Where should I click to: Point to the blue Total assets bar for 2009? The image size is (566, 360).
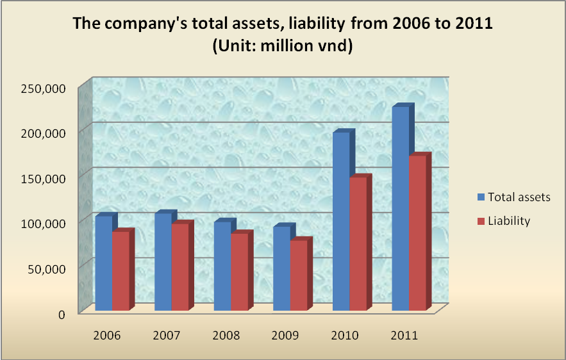click(x=281, y=268)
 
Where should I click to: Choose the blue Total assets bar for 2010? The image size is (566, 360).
click(x=341, y=221)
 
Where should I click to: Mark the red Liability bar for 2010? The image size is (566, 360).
click(x=358, y=244)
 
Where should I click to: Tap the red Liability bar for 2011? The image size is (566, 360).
click(x=418, y=233)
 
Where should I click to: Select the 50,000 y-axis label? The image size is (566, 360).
click(x=45, y=268)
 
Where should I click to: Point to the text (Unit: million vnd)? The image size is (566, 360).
click(x=283, y=47)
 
